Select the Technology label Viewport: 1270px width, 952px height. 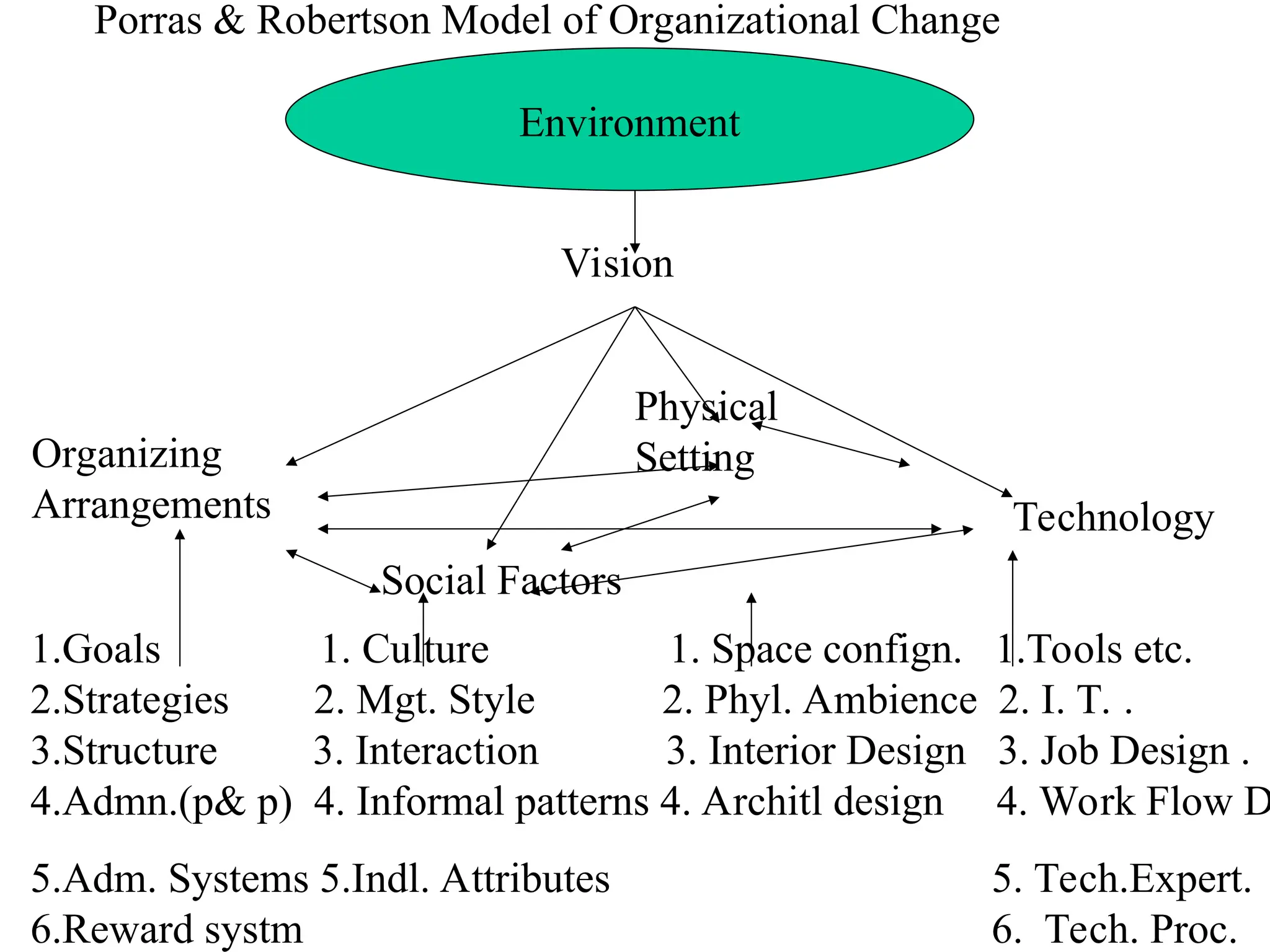click(1113, 517)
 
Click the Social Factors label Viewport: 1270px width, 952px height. click(501, 580)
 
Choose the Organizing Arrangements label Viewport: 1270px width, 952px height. click(151, 479)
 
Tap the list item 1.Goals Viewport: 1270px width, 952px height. click(96, 649)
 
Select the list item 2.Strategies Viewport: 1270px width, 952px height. click(130, 700)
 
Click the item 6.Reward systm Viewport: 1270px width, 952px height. click(167, 929)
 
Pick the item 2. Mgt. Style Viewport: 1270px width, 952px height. click(424, 700)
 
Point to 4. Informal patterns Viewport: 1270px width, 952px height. click(481, 801)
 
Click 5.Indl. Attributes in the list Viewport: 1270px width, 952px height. click(465, 878)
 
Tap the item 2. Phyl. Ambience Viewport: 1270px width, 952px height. click(819, 700)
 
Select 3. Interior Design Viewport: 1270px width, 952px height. click(816, 751)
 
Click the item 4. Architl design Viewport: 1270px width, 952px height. click(801, 801)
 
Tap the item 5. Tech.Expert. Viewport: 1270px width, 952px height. click(1122, 878)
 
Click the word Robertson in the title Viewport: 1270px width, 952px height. click(343, 20)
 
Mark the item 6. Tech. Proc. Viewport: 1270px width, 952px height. click(1114, 929)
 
